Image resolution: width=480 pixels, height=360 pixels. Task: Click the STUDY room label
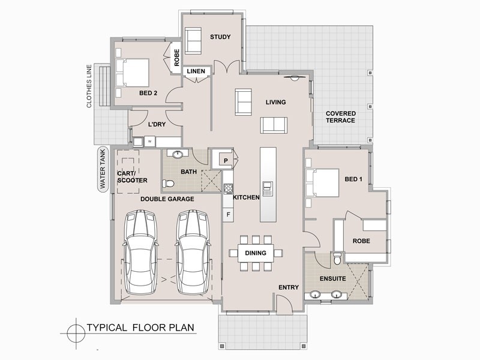220,37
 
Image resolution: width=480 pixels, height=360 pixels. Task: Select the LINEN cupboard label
196,71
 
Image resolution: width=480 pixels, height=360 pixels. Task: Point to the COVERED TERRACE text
340,117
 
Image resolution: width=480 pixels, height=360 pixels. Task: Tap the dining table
256,253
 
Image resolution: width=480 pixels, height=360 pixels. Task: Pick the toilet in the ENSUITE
337,259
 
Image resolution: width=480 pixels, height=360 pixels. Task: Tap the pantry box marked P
224,160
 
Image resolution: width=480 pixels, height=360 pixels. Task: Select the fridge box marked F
228,214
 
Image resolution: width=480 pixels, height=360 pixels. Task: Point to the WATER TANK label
102,170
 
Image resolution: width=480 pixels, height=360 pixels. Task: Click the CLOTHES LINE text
89,86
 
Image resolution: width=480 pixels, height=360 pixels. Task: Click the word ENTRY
289,287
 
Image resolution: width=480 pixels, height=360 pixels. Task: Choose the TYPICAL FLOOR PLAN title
140,328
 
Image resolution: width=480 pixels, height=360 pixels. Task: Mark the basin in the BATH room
177,155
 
